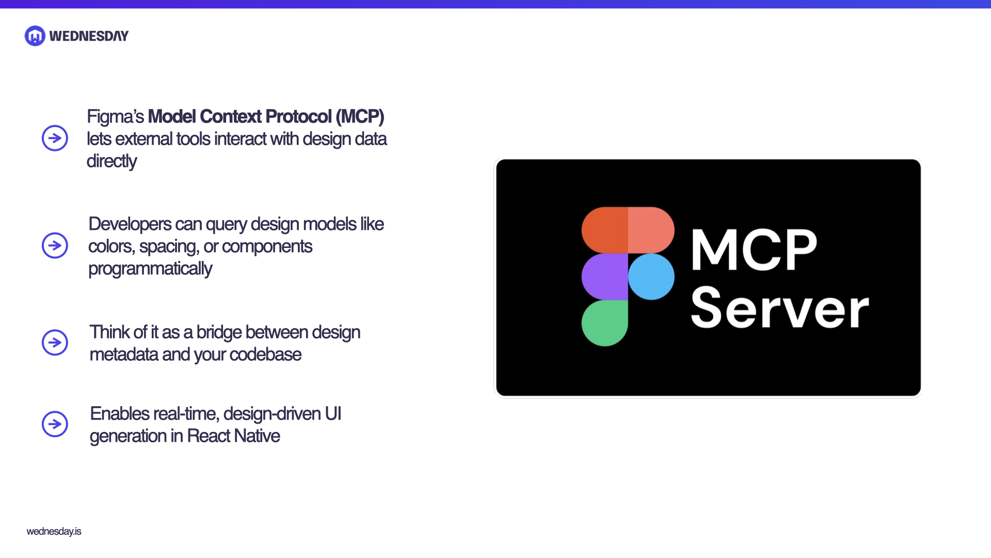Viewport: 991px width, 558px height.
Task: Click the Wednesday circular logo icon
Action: [x=35, y=36]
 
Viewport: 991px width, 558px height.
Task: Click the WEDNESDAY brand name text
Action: [x=89, y=36]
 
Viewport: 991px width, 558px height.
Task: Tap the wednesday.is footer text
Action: [x=54, y=531]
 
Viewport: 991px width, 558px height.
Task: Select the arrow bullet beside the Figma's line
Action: [x=55, y=138]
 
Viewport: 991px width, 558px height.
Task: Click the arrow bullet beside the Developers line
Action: [x=55, y=245]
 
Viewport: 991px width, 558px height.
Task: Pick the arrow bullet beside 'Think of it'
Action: [x=55, y=342]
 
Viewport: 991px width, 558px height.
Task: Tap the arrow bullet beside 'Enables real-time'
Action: [x=55, y=424]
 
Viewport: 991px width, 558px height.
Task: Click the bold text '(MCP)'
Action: [x=360, y=117]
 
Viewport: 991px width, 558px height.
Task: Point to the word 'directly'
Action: [x=111, y=161]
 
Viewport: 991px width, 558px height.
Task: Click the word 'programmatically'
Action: [x=150, y=269]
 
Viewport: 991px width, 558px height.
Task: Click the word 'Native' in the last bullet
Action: [x=257, y=436]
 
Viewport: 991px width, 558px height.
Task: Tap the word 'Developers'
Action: [x=130, y=224]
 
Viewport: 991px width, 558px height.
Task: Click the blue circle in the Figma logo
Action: [x=651, y=276]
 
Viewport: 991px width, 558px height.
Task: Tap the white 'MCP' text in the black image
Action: [x=754, y=250]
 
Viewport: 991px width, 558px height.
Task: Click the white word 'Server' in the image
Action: [x=779, y=308]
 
